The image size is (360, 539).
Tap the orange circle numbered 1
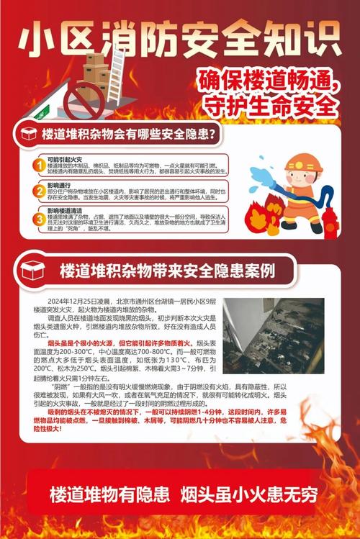37,166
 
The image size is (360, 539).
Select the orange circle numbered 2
37,191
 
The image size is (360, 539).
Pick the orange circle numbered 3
37,218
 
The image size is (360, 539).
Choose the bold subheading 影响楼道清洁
63,210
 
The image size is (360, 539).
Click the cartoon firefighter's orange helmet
298,162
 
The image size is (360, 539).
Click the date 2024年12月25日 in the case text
75,300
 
